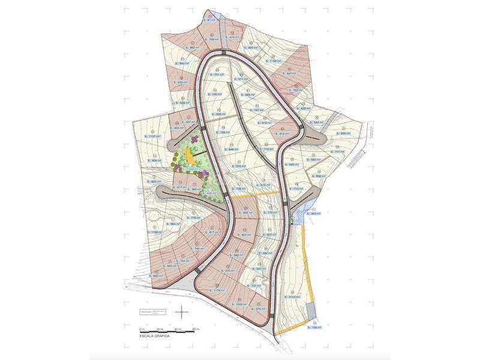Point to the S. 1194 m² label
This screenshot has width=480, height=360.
point(275,61)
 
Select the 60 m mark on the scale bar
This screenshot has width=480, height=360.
point(196,329)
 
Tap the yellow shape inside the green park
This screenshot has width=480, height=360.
point(190,154)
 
